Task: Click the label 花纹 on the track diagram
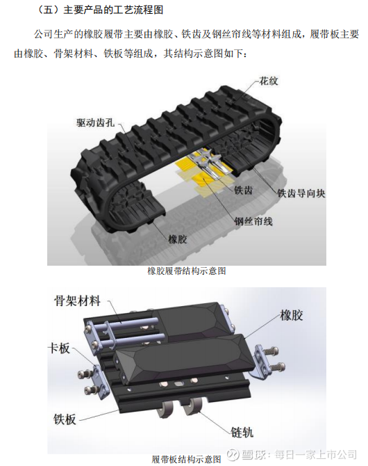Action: click(269, 81)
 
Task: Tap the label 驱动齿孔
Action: click(95, 122)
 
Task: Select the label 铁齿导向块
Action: click(301, 193)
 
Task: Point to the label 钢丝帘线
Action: click(253, 221)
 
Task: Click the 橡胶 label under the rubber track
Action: click(178, 239)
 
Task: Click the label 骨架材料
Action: click(78, 301)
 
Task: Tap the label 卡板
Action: click(60, 348)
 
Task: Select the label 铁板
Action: click(65, 419)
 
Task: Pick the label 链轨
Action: click(242, 432)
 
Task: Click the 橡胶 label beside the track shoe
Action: click(292, 315)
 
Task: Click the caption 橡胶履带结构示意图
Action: click(187, 271)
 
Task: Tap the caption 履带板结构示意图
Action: click(186, 459)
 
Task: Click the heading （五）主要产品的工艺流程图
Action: click(100, 10)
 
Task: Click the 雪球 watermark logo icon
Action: click(233, 454)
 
